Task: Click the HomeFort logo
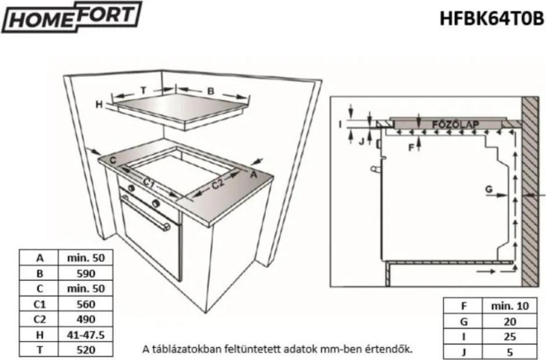click(72, 18)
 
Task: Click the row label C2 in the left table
click(40, 319)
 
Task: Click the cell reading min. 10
click(510, 306)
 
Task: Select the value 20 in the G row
click(510, 321)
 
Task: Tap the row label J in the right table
click(464, 352)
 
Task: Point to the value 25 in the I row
click(510, 337)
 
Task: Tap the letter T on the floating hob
click(142, 90)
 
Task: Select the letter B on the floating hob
click(211, 90)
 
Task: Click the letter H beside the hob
click(99, 104)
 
